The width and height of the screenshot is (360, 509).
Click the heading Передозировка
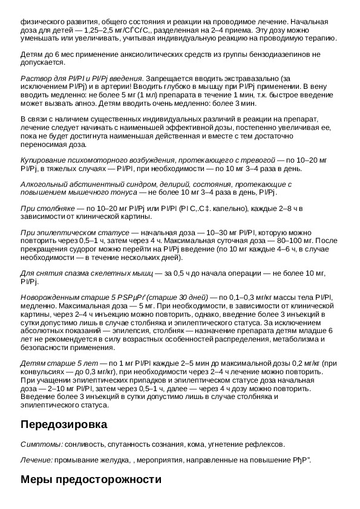pyautogui.click(x=64, y=424)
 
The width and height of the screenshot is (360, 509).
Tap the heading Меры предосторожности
pyautogui.click(x=91, y=480)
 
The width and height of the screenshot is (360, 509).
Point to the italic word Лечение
pyautogui.click(x=36, y=461)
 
